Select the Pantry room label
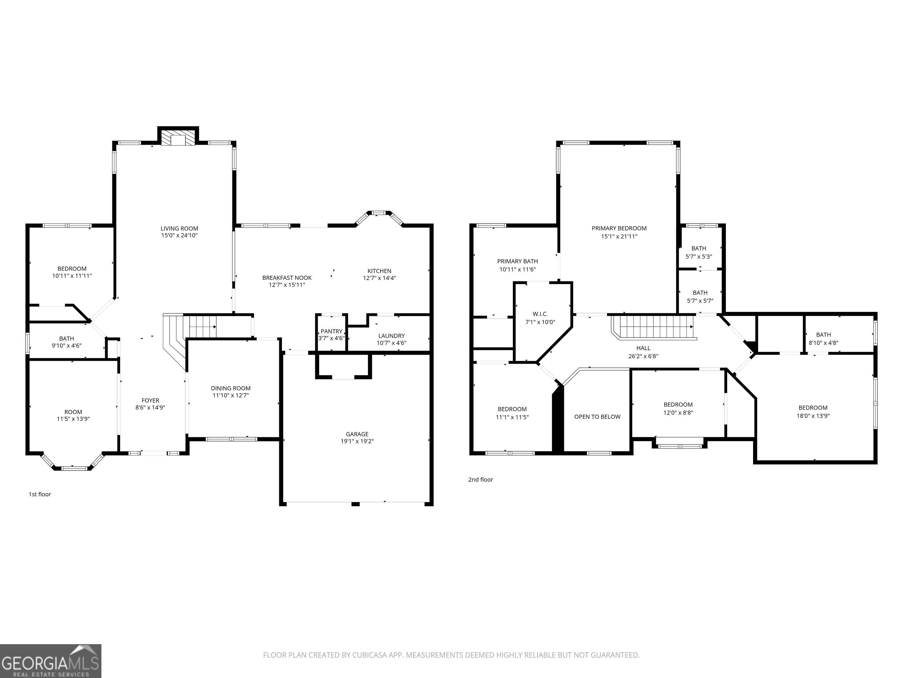coord(332,331)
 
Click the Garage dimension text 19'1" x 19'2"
coord(357,441)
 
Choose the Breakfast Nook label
coord(287,278)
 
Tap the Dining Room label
coord(231,388)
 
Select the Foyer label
coord(150,401)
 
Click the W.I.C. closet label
coord(540,314)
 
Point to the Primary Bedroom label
coord(619,228)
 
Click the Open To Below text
coord(597,417)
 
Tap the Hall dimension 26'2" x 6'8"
coord(643,356)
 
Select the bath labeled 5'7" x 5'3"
coord(699,252)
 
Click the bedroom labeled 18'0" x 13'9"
coord(813,412)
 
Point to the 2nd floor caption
coord(481,480)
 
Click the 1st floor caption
coord(40,494)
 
